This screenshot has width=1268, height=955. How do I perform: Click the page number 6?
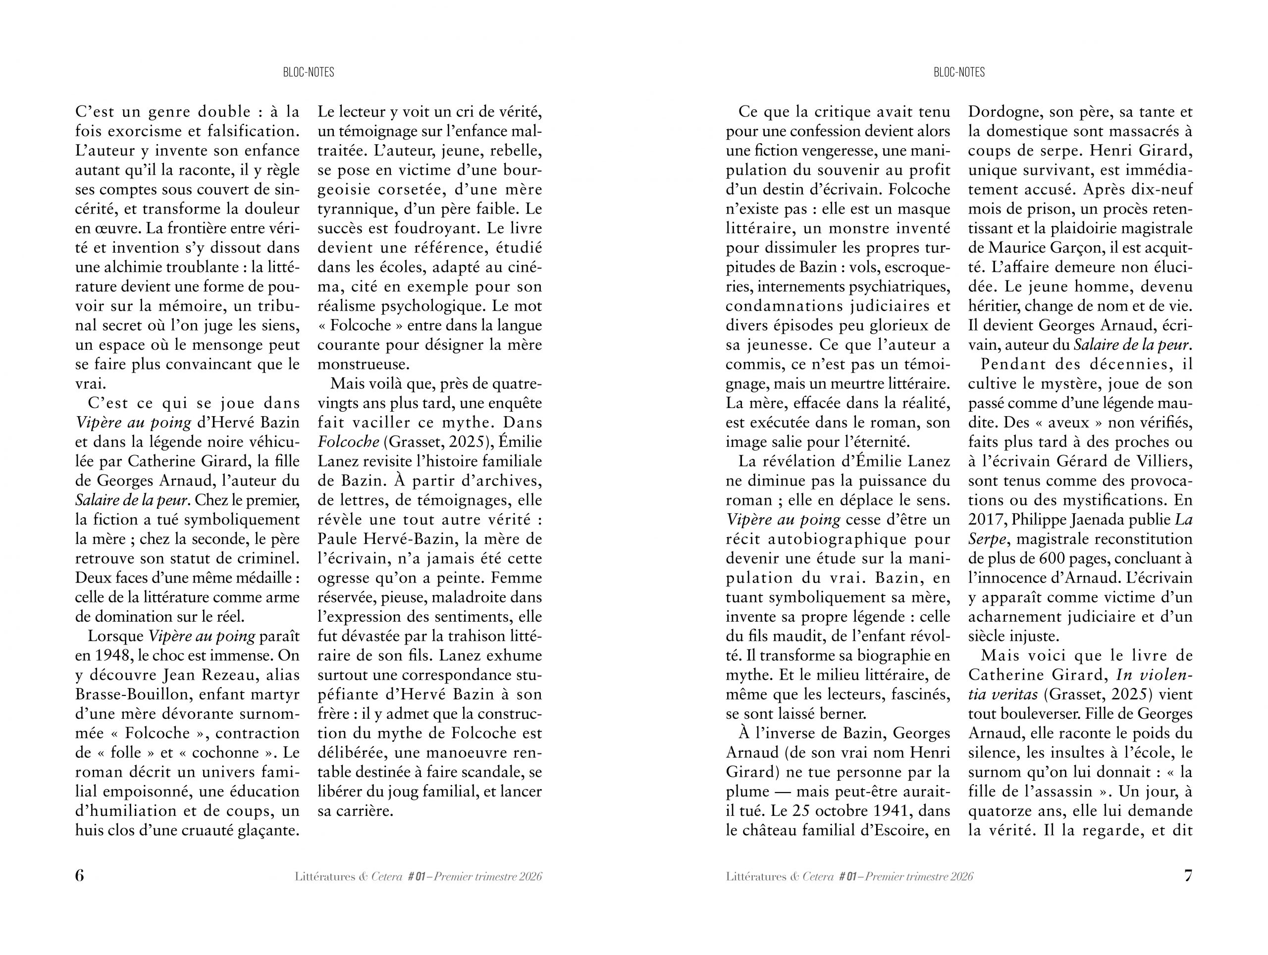(x=80, y=876)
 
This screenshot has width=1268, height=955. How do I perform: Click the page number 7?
(x=1188, y=876)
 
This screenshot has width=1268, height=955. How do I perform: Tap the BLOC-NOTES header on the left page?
(x=309, y=72)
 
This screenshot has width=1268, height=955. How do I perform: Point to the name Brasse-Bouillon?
(x=132, y=694)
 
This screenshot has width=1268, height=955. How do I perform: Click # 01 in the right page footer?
(x=849, y=876)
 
